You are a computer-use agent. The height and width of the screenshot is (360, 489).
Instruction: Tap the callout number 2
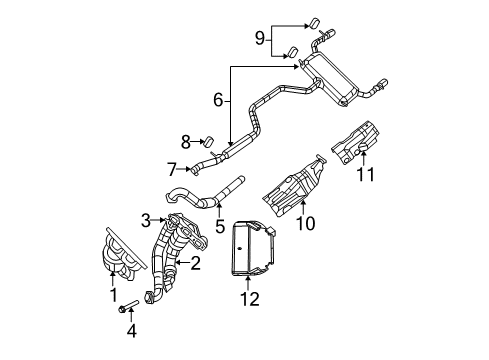(x=195, y=264)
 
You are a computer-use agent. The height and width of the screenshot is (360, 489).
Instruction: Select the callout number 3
(x=145, y=220)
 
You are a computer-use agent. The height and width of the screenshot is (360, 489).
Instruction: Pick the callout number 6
(x=217, y=101)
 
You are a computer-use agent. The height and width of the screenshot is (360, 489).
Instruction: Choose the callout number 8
(x=185, y=142)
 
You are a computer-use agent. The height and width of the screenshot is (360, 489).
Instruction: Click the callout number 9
(x=261, y=38)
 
